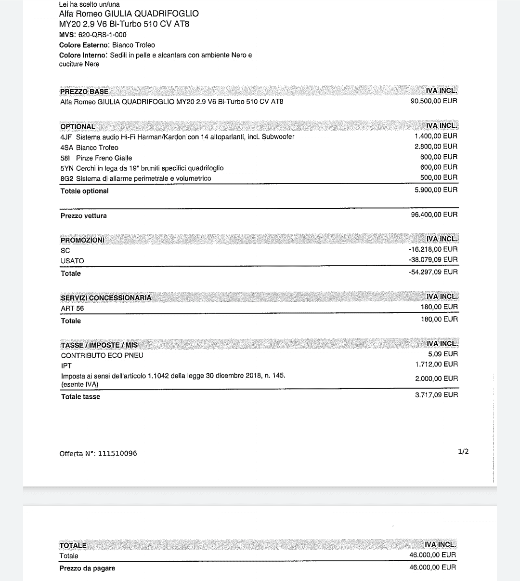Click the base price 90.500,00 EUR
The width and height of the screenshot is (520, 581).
[434, 101]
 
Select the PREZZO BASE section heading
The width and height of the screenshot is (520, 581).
[84, 92]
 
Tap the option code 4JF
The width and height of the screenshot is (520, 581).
[66, 137]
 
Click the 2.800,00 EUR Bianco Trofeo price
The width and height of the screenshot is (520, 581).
[436, 147]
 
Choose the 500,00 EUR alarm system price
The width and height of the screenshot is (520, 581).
[439, 177]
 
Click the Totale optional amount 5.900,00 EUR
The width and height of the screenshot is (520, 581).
[436, 190]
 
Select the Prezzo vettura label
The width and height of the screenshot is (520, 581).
[84, 216]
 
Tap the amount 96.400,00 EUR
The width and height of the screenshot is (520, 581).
[434, 215]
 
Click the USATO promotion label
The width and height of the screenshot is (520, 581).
[72, 261]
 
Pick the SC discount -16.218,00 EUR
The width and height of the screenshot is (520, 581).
[433, 249]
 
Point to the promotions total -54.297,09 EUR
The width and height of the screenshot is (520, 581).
[433, 272]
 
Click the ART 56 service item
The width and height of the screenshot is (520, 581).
[72, 308]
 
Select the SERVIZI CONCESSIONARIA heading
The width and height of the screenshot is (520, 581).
[106, 298]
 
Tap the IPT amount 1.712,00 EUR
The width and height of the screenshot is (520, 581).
[436, 365]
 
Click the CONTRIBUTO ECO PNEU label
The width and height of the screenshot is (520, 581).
[102, 355]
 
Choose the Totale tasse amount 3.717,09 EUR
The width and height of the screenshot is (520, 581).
[436, 395]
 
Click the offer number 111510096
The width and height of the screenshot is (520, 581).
[117, 454]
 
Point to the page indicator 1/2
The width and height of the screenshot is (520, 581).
[463, 452]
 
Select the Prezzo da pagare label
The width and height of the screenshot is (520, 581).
[87, 568]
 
